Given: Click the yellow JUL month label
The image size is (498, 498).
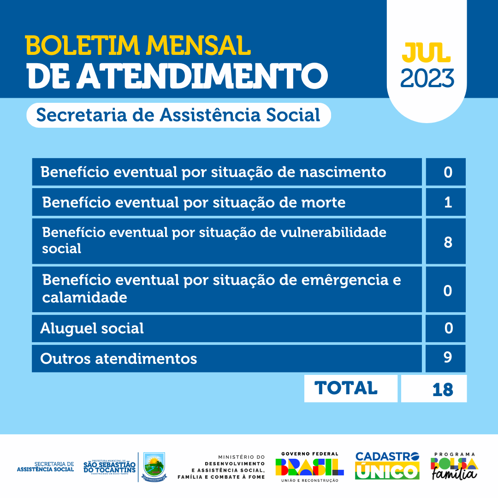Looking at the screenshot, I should click(426, 53).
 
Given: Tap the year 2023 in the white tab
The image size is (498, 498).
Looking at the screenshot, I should click(427, 78).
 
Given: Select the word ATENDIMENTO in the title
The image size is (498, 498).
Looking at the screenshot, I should click(202, 75).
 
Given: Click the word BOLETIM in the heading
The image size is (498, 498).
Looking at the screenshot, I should click(83, 45).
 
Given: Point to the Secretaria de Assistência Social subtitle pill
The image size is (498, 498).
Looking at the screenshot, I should click(178, 115).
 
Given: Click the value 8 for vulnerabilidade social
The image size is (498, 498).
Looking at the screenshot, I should click(447, 242).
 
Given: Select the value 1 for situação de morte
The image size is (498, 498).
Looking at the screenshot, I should click(447, 202).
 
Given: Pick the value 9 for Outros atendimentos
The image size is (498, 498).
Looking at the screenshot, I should click(447, 358).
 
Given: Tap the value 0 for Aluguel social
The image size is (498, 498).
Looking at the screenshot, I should click(447, 328).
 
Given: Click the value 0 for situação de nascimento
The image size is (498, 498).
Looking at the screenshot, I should click(447, 172).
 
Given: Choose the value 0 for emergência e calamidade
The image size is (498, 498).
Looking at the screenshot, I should click(447, 290).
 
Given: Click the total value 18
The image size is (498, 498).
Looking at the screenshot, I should click(442, 389).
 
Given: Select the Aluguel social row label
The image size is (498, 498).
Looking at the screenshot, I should click(92, 328).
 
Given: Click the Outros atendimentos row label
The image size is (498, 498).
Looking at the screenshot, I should click(119, 358).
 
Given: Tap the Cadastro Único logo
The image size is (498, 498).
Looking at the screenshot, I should click(387, 466).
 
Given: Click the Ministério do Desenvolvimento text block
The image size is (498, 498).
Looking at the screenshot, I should click(221, 466).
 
